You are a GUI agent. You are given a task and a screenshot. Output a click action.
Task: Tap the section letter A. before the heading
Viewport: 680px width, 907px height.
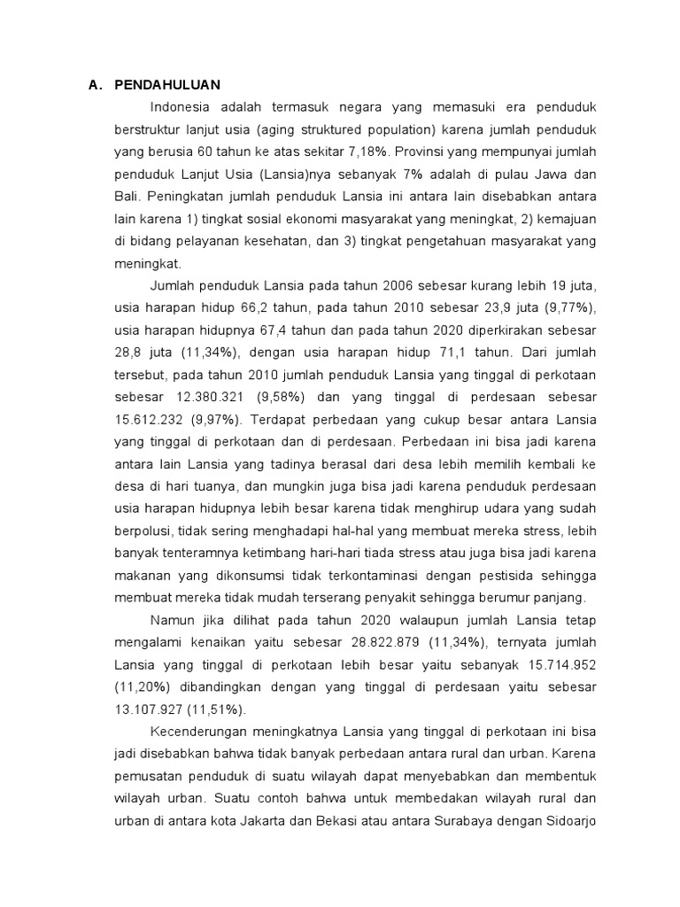(x=96, y=85)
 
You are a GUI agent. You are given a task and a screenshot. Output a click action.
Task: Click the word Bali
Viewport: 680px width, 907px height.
(x=128, y=193)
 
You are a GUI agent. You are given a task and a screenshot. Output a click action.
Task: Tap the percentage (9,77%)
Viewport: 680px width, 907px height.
(x=570, y=308)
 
